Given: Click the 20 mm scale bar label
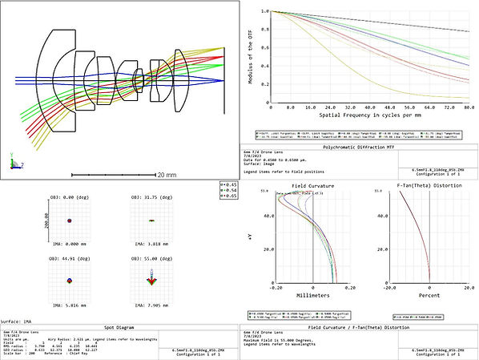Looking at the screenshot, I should click(x=166, y=174).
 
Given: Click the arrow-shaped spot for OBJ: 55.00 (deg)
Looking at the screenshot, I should click(x=152, y=280).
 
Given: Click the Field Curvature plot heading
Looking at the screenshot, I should click(x=313, y=185).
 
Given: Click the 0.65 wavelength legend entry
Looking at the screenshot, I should click(x=228, y=195).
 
